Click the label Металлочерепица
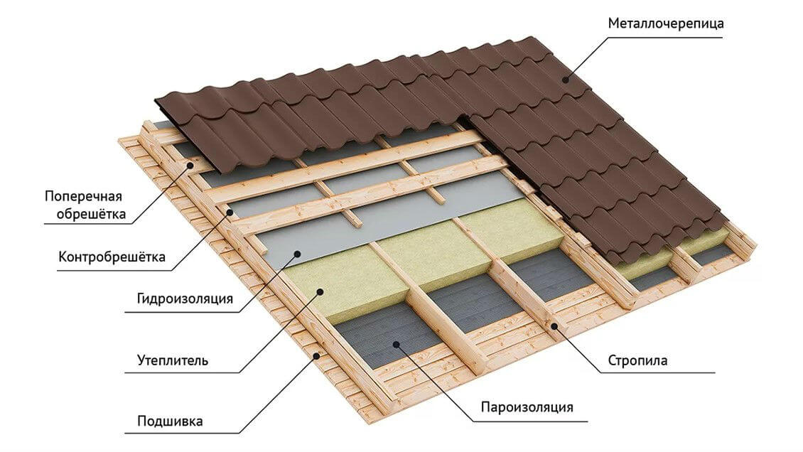coord(666,23)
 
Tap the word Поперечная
coord(83,197)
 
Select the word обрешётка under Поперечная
coord(91,213)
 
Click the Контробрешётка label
coord(112,257)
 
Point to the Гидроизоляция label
coord(185,298)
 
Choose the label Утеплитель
coord(173,360)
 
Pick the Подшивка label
coord(170,421)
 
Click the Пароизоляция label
coord(527,407)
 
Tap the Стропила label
coord(637,360)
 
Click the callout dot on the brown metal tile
coord(566,79)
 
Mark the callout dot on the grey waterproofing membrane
coord(297,253)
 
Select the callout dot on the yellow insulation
coord(320,291)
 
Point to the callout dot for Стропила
coord(554,325)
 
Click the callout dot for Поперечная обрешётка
coord(190,165)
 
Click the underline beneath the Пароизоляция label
coord(529,422)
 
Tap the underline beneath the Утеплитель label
coord(182,372)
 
